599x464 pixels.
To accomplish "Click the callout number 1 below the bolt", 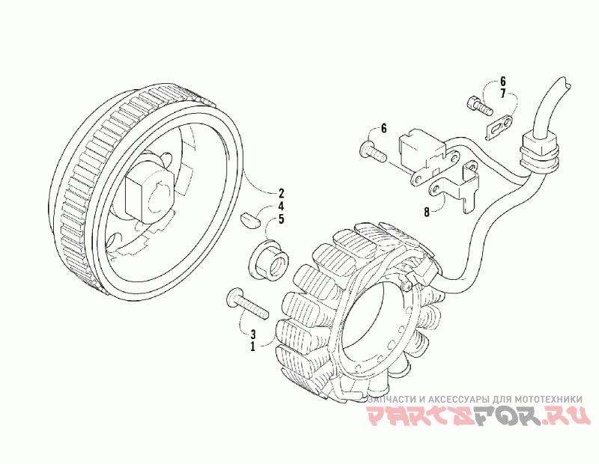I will [253, 347].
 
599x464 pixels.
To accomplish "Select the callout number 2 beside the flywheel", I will [261, 192].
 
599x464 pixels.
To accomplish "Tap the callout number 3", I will [253, 334].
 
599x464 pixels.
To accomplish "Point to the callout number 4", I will [261, 206].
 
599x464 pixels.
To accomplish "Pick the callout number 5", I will [261, 219].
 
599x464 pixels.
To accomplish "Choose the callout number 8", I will [426, 212].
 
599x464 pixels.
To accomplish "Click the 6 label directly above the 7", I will [503, 80].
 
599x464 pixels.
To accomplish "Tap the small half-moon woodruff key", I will [249, 220].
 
